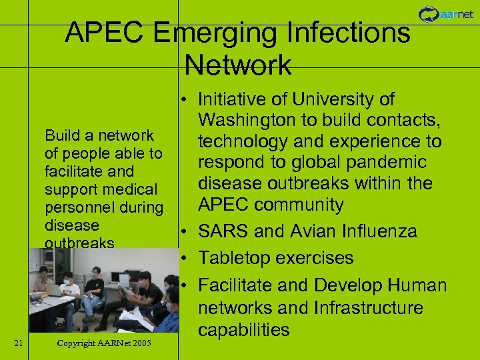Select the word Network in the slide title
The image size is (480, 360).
point(238,65)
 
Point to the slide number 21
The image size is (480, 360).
point(19,343)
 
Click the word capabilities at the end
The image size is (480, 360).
point(244,329)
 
